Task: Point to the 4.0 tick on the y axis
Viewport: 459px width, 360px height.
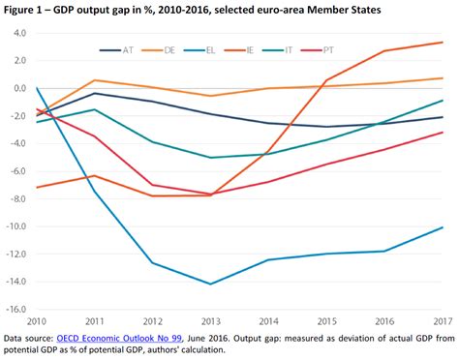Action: [x=18, y=33]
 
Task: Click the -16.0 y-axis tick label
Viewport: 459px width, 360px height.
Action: [x=15, y=311]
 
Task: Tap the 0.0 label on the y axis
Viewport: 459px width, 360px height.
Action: [x=18, y=88]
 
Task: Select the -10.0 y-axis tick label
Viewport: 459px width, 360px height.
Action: [x=15, y=227]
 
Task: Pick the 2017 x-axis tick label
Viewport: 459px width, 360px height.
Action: [x=443, y=321]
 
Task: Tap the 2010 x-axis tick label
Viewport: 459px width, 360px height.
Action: [x=37, y=321]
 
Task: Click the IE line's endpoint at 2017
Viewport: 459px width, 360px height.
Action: [x=443, y=43]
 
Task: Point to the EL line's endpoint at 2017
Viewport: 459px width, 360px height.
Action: [x=443, y=227]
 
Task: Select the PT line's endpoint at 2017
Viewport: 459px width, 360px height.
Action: [x=443, y=133]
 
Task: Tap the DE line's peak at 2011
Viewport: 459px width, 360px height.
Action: [x=95, y=80]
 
